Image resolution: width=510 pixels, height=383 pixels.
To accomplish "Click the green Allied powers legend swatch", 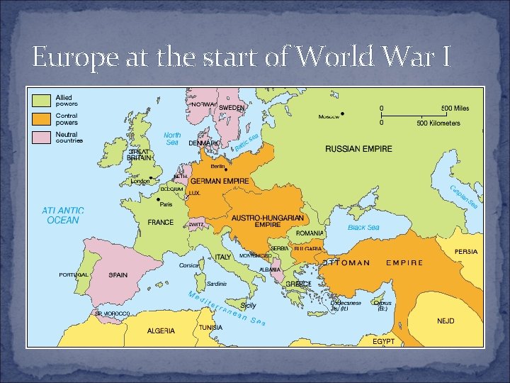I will (43, 100).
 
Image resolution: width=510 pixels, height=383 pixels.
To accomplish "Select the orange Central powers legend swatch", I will (43, 118).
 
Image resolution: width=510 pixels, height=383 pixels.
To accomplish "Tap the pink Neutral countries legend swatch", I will (43, 137).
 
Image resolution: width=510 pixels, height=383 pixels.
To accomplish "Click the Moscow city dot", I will (343, 113).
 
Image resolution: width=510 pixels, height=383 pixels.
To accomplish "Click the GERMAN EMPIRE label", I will (219, 181).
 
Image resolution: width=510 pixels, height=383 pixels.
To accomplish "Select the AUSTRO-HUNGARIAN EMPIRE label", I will (268, 221).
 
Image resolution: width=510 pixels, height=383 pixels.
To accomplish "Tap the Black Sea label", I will (363, 228).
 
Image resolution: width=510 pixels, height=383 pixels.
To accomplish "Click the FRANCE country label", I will (160, 222).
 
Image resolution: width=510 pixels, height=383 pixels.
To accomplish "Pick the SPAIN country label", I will (118, 275).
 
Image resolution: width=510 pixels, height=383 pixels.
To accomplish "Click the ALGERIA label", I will (161, 331).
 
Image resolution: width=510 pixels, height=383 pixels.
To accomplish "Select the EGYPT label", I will (383, 341).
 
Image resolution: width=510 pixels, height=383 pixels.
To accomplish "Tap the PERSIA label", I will (465, 252).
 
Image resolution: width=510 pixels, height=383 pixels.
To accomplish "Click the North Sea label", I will (172, 138).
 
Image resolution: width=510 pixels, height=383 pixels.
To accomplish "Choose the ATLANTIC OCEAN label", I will (63, 216).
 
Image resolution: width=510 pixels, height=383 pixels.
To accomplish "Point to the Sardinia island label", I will (217, 284).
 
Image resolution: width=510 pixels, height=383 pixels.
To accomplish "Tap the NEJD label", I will (446, 321).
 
